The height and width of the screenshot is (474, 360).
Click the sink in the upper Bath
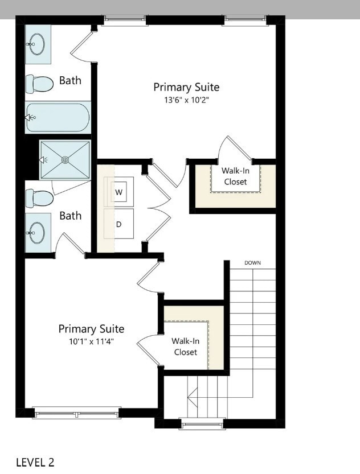(38, 44)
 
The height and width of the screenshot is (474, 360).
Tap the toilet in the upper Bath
(39, 84)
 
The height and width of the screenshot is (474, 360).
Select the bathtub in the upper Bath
(58, 117)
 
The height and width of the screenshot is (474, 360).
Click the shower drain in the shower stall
(65, 160)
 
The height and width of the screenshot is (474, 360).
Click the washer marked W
(119, 192)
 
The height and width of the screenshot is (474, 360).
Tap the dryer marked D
(119, 224)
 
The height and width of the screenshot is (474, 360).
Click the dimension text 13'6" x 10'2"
(186, 100)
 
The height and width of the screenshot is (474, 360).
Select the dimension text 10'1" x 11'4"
(91, 341)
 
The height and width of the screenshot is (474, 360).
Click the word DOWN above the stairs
(252, 263)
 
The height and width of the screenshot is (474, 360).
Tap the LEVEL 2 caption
(35, 461)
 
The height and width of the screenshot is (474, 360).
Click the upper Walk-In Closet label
(235, 176)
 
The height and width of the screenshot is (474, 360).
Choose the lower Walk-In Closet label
(185, 347)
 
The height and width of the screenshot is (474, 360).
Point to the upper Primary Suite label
(186, 87)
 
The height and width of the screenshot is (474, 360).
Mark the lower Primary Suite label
(91, 329)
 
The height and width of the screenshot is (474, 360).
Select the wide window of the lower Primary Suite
(76, 413)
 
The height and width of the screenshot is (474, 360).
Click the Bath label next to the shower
(70, 216)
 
